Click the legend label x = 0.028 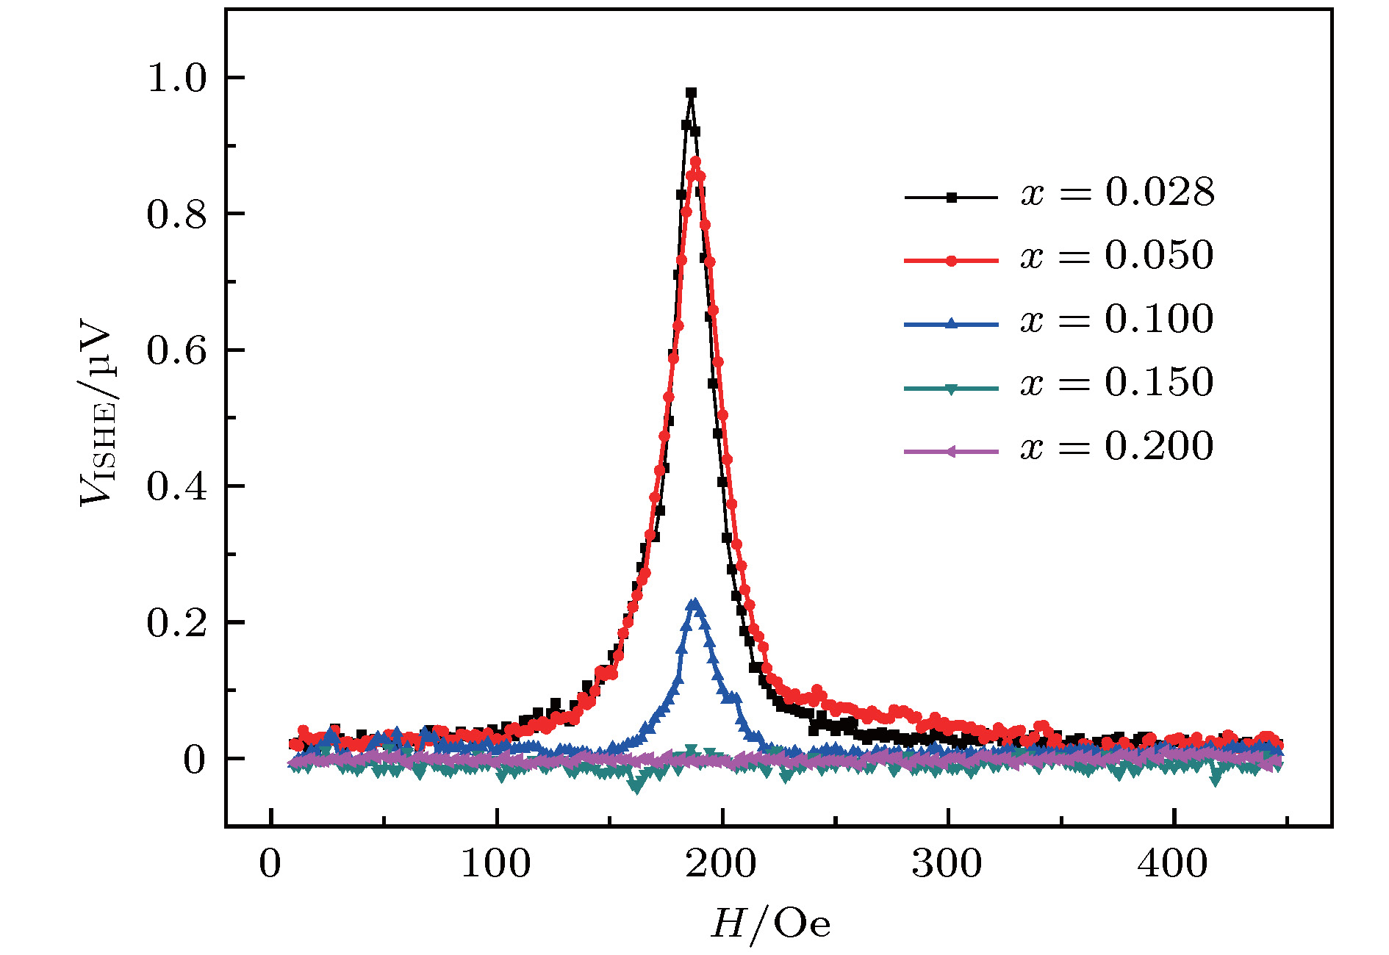[x=1117, y=193]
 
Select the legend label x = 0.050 [x=1117, y=256]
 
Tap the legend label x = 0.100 [x=1117, y=320]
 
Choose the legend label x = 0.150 [x=1117, y=383]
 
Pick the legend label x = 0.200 [x=1117, y=446]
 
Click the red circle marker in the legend [x=951, y=261]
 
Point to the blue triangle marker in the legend [x=951, y=323]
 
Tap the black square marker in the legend [x=951, y=198]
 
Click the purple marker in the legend [x=951, y=451]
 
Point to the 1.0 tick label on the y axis [x=176, y=78]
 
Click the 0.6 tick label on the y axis [x=176, y=350]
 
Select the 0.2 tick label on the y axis [x=176, y=623]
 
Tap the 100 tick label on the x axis [x=496, y=864]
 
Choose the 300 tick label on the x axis [x=947, y=864]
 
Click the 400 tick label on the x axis [x=1173, y=864]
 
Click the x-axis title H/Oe [x=770, y=923]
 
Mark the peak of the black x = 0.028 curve [x=691, y=93]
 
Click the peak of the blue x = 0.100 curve [x=694, y=604]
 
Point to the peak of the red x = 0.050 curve [x=695, y=162]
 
